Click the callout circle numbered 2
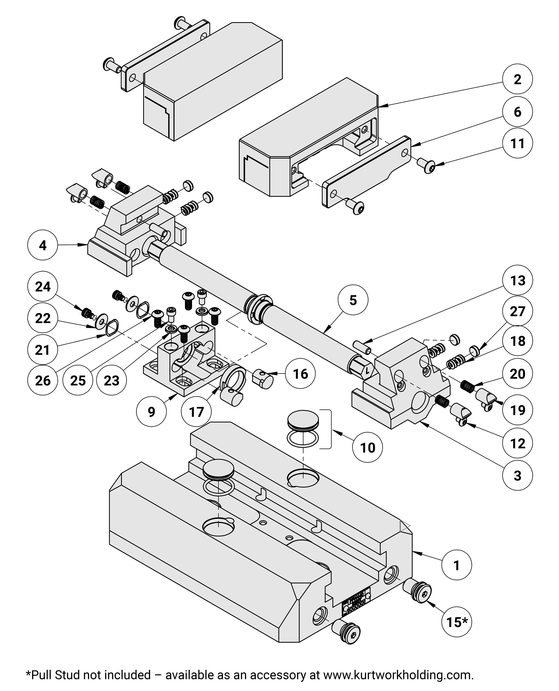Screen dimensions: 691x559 pyautogui.click(x=517, y=79)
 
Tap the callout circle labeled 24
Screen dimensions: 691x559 pyautogui.click(x=43, y=287)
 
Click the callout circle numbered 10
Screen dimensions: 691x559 pyautogui.click(x=368, y=448)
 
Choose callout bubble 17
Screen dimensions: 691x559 pyautogui.click(x=196, y=411)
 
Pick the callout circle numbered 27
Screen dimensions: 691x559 pyautogui.click(x=517, y=311)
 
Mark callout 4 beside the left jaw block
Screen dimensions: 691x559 pyautogui.click(x=43, y=245)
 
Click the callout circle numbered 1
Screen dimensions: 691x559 pyautogui.click(x=456, y=565)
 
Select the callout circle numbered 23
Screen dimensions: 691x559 pyautogui.click(x=112, y=381)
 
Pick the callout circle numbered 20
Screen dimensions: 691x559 pyautogui.click(x=517, y=373)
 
